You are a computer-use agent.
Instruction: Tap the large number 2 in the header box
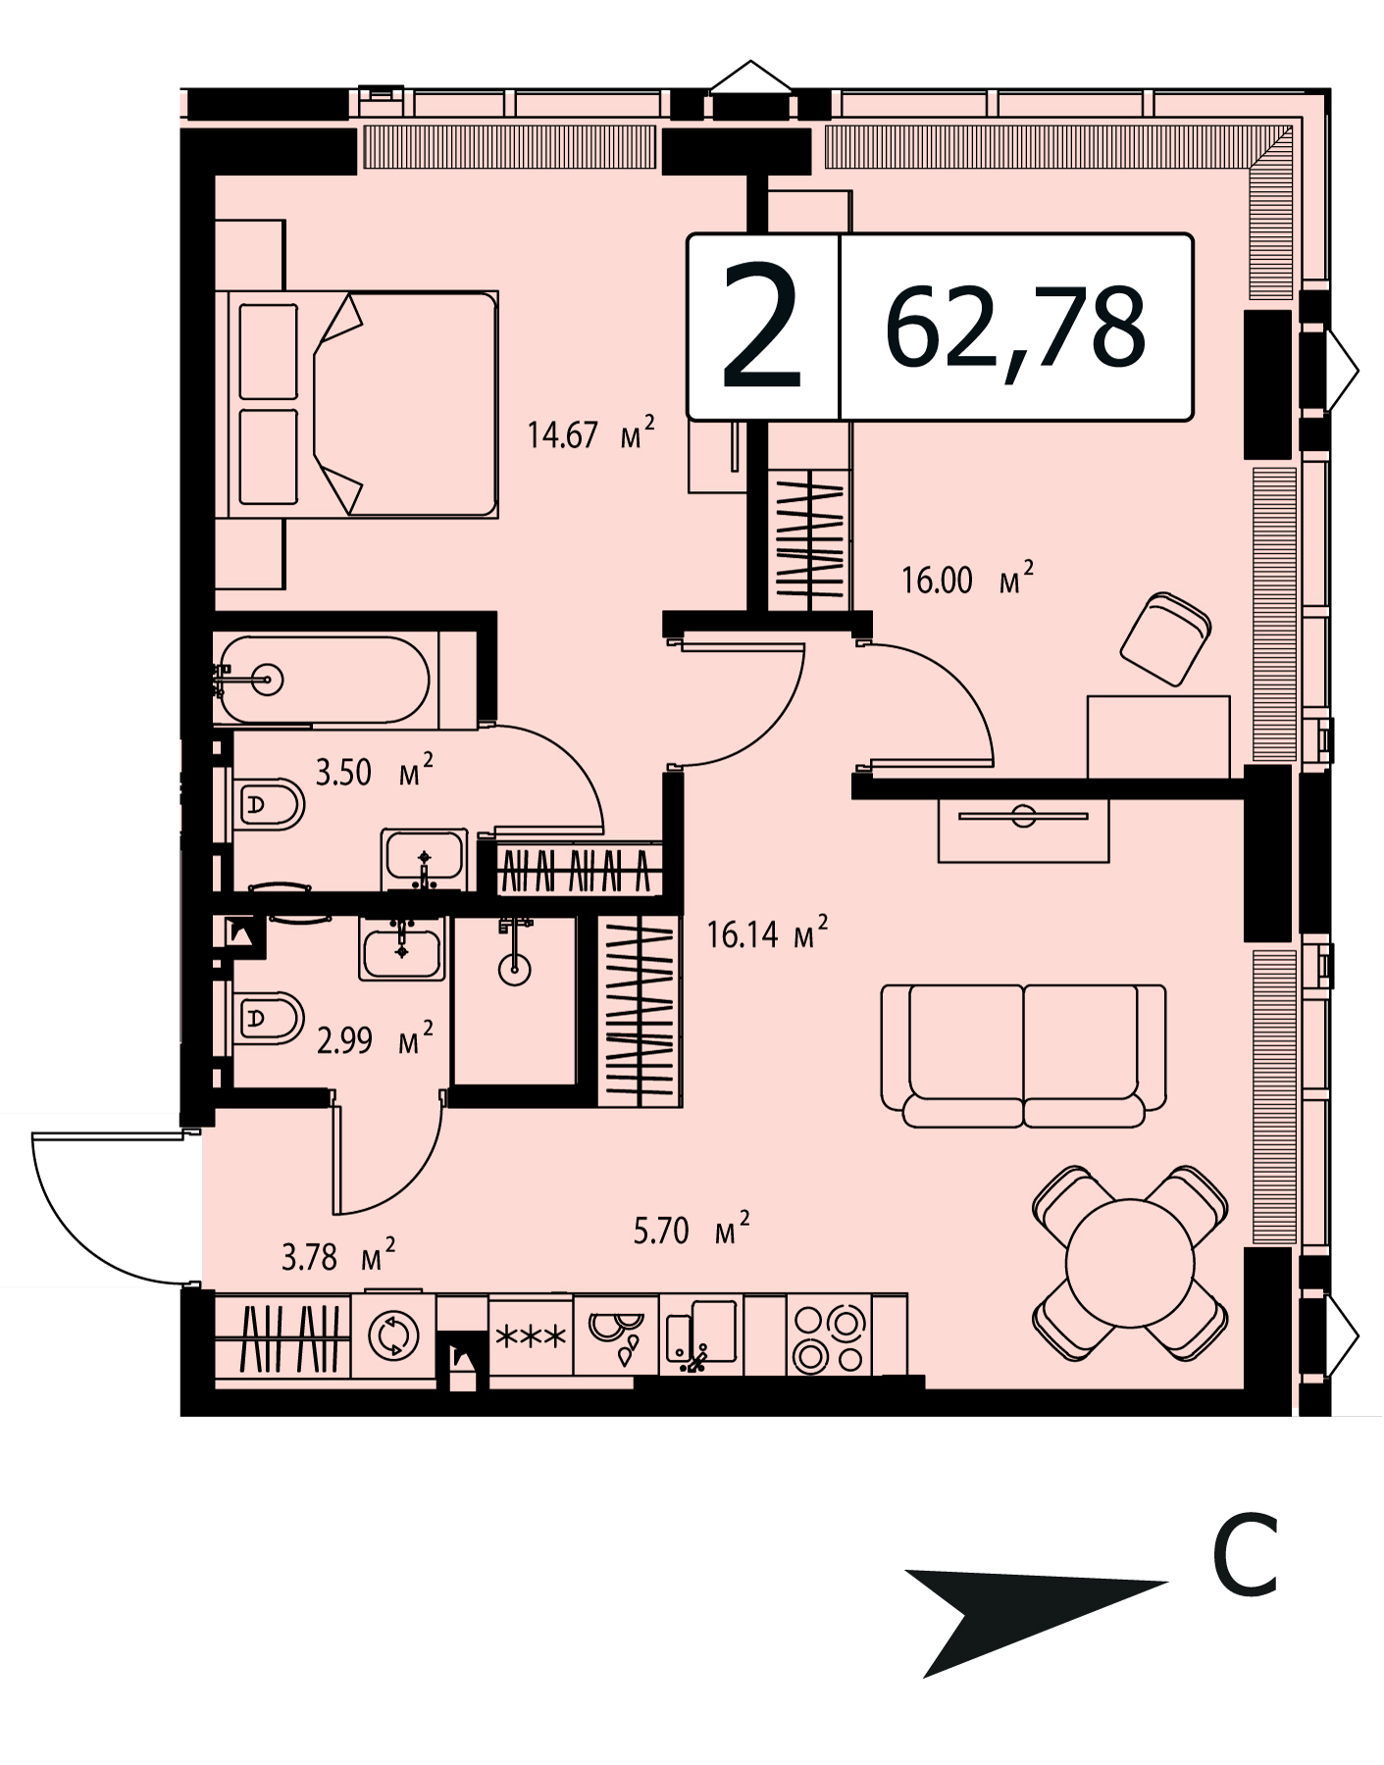pyautogui.click(x=762, y=328)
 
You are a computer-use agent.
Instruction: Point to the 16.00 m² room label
pyautogui.click(x=967, y=579)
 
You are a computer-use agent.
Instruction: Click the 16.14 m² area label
pyautogui.click(x=767, y=933)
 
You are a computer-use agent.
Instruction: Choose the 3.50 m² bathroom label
pyautogui.click(x=374, y=771)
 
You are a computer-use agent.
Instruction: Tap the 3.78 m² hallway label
pyautogui.click(x=338, y=1255)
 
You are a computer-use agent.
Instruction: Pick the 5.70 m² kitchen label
pyautogui.click(x=692, y=1229)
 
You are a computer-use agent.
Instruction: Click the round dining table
pyautogui.click(x=1130, y=1263)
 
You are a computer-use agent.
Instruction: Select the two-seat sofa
pyautogui.click(x=1023, y=1056)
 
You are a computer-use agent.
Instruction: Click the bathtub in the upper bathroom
pyautogui.click(x=323, y=680)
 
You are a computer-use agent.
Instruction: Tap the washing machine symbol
pyautogui.click(x=393, y=1335)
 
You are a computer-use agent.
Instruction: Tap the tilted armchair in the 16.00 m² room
pyautogui.click(x=1165, y=638)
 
